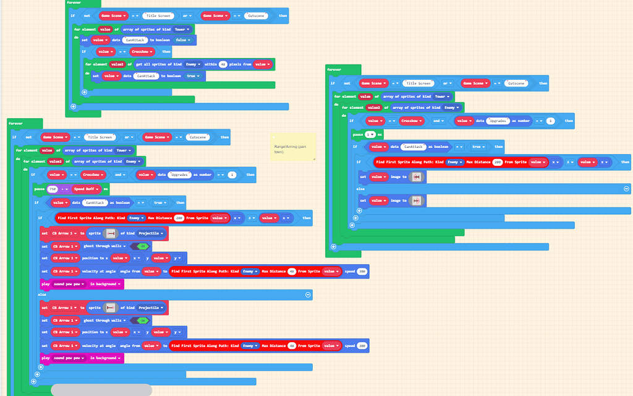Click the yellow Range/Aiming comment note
point(292,148)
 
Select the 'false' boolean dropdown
point(182,40)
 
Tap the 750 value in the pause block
point(53,189)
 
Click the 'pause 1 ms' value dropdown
point(370,134)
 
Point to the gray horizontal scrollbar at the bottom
point(101,390)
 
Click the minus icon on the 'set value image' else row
point(626,189)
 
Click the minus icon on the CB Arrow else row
point(307,296)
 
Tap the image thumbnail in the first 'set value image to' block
point(418,177)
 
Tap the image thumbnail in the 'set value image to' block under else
point(417,200)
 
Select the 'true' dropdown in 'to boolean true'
point(193,76)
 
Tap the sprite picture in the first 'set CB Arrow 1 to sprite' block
point(111,234)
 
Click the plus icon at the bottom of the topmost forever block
point(74,106)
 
